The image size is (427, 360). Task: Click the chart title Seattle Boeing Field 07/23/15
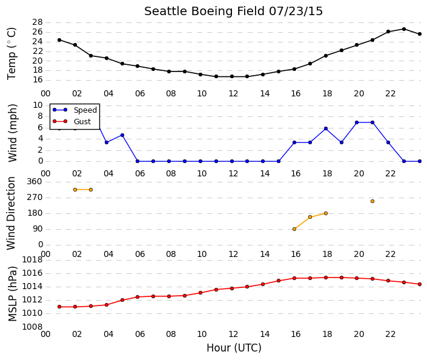point(233,12)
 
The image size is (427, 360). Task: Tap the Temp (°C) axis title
point(12,54)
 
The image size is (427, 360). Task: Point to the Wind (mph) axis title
point(13,133)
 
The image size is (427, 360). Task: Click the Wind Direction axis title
point(11,213)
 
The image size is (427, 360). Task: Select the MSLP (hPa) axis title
point(13,294)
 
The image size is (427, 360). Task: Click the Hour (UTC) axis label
point(234,348)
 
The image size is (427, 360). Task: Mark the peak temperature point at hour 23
point(404,29)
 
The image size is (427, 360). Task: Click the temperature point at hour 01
point(59,40)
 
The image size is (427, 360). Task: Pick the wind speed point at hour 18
point(326,128)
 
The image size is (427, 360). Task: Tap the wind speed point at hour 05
point(122,135)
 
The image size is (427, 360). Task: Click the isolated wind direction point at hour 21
point(372,201)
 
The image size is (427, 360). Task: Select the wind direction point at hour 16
point(294,229)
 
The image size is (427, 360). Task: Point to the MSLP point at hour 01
point(59,307)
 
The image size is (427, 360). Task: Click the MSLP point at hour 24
point(420,284)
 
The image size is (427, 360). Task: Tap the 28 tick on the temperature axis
point(38,22)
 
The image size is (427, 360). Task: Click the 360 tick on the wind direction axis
point(35,182)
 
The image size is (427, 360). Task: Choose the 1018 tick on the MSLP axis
point(33,260)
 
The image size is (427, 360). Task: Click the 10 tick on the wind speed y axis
point(38,105)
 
